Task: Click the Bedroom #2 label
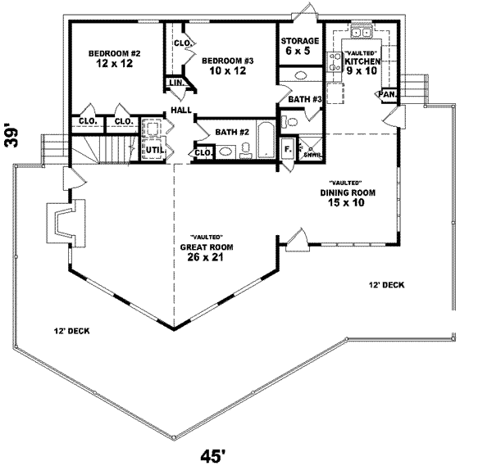point(115,59)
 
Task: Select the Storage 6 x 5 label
point(299,46)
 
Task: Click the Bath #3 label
point(303,100)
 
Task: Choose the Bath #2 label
point(232,131)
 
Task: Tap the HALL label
point(180,110)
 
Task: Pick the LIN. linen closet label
point(175,84)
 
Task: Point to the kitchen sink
point(360,34)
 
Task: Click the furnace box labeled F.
point(287,150)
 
